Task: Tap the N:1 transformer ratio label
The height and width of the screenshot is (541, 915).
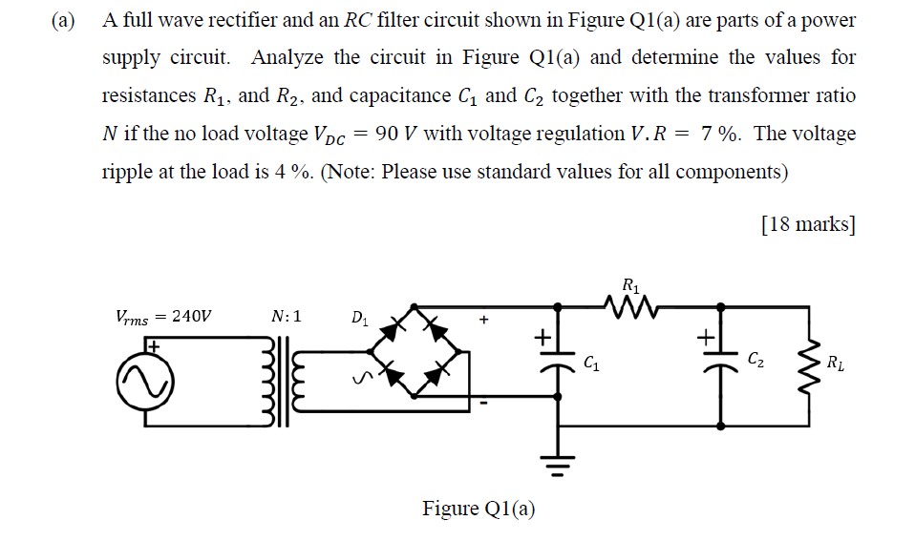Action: tap(286, 316)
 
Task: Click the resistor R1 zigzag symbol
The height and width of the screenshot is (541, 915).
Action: tap(630, 306)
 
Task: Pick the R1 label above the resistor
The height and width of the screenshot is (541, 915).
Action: tap(630, 284)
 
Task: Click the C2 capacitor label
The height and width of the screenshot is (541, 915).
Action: tap(755, 360)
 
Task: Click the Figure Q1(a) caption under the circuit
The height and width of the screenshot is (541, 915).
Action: tap(479, 509)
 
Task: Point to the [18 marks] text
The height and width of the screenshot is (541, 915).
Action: tap(808, 224)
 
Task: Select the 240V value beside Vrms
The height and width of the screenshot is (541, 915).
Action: tap(194, 317)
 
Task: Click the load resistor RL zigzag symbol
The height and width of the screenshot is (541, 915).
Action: tap(814, 363)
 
